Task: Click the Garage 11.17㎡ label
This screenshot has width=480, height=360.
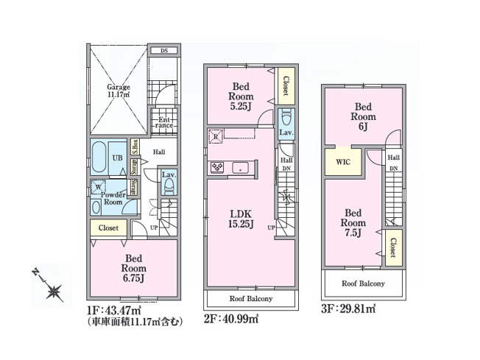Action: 118,90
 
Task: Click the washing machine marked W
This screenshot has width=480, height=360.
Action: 99,188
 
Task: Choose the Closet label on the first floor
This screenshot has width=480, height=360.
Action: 108,228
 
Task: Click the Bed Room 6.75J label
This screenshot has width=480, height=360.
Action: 133,269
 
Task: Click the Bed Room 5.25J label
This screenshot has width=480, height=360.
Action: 241,96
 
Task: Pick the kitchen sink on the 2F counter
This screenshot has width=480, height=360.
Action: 241,169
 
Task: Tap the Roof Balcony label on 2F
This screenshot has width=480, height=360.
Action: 250,299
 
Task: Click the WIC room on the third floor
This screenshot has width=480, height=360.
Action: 344,162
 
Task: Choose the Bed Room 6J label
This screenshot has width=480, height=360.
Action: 363,116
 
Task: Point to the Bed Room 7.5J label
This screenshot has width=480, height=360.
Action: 354,223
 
